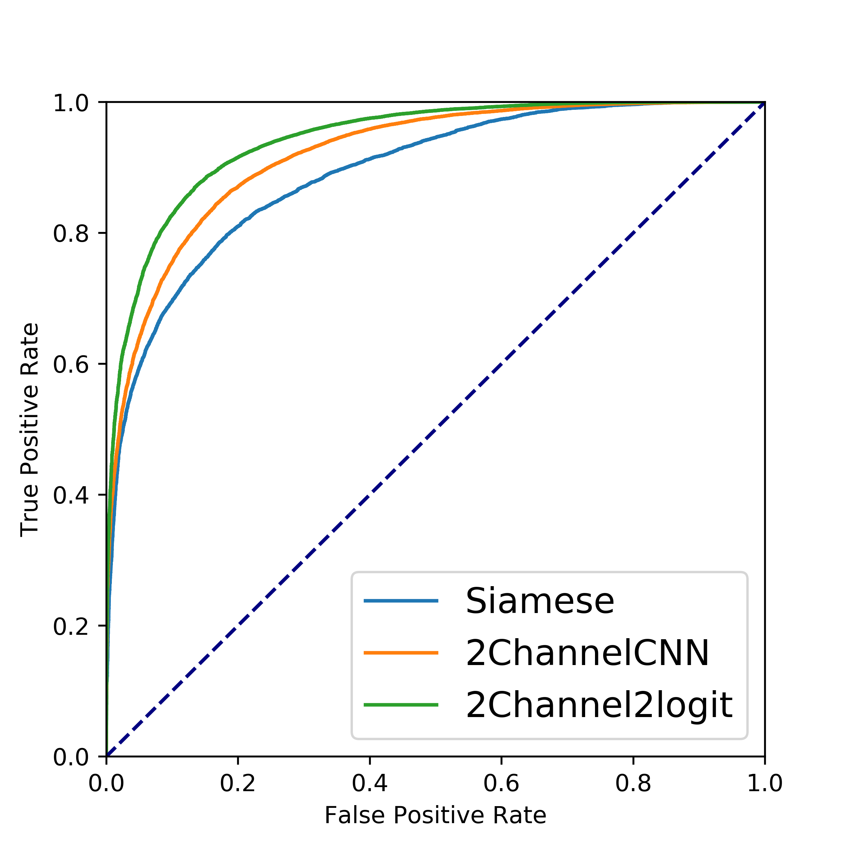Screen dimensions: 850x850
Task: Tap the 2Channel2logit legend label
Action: tap(599, 705)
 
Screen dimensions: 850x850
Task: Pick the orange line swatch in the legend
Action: tap(401, 653)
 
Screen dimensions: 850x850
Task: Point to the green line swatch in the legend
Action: tap(401, 705)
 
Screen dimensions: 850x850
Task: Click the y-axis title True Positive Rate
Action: tap(30, 429)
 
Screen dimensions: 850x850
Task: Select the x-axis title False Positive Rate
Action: tap(435, 815)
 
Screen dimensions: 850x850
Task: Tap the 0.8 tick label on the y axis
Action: tap(71, 234)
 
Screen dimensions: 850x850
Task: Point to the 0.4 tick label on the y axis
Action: tap(71, 495)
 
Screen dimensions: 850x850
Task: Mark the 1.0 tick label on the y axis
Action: tap(71, 103)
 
